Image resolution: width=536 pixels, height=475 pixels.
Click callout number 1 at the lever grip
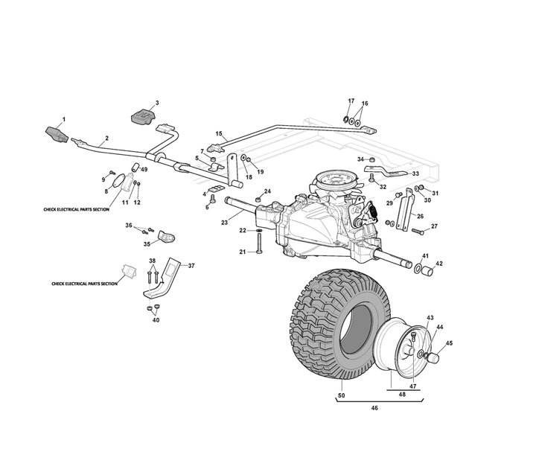point(63,120)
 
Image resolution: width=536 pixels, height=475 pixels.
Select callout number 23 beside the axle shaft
point(224,222)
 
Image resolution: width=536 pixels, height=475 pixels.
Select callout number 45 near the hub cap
point(449,343)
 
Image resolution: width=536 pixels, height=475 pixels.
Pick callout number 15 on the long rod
point(219,134)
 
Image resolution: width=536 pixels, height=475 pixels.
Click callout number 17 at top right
point(351,101)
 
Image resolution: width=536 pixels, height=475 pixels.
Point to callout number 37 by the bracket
point(191,266)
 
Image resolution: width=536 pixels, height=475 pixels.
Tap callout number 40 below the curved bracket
point(156,320)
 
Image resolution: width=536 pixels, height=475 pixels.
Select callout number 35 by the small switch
point(147,243)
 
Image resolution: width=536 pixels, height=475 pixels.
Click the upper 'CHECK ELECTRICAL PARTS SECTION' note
point(77,211)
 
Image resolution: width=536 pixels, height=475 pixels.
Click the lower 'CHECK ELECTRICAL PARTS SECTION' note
point(86,284)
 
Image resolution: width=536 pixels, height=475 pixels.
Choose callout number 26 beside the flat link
point(420,217)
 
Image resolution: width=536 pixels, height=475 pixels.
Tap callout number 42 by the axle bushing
point(438,264)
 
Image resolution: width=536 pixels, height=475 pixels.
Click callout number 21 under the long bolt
point(243,252)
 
